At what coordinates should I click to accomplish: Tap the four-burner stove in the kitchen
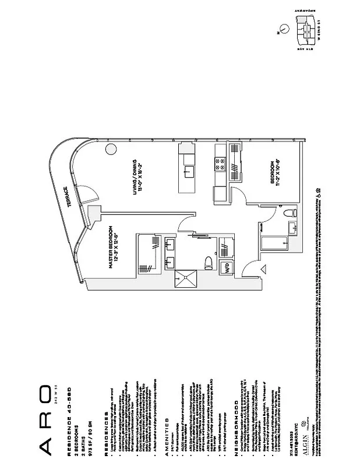[220, 164]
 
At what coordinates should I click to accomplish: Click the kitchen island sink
[188, 170]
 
